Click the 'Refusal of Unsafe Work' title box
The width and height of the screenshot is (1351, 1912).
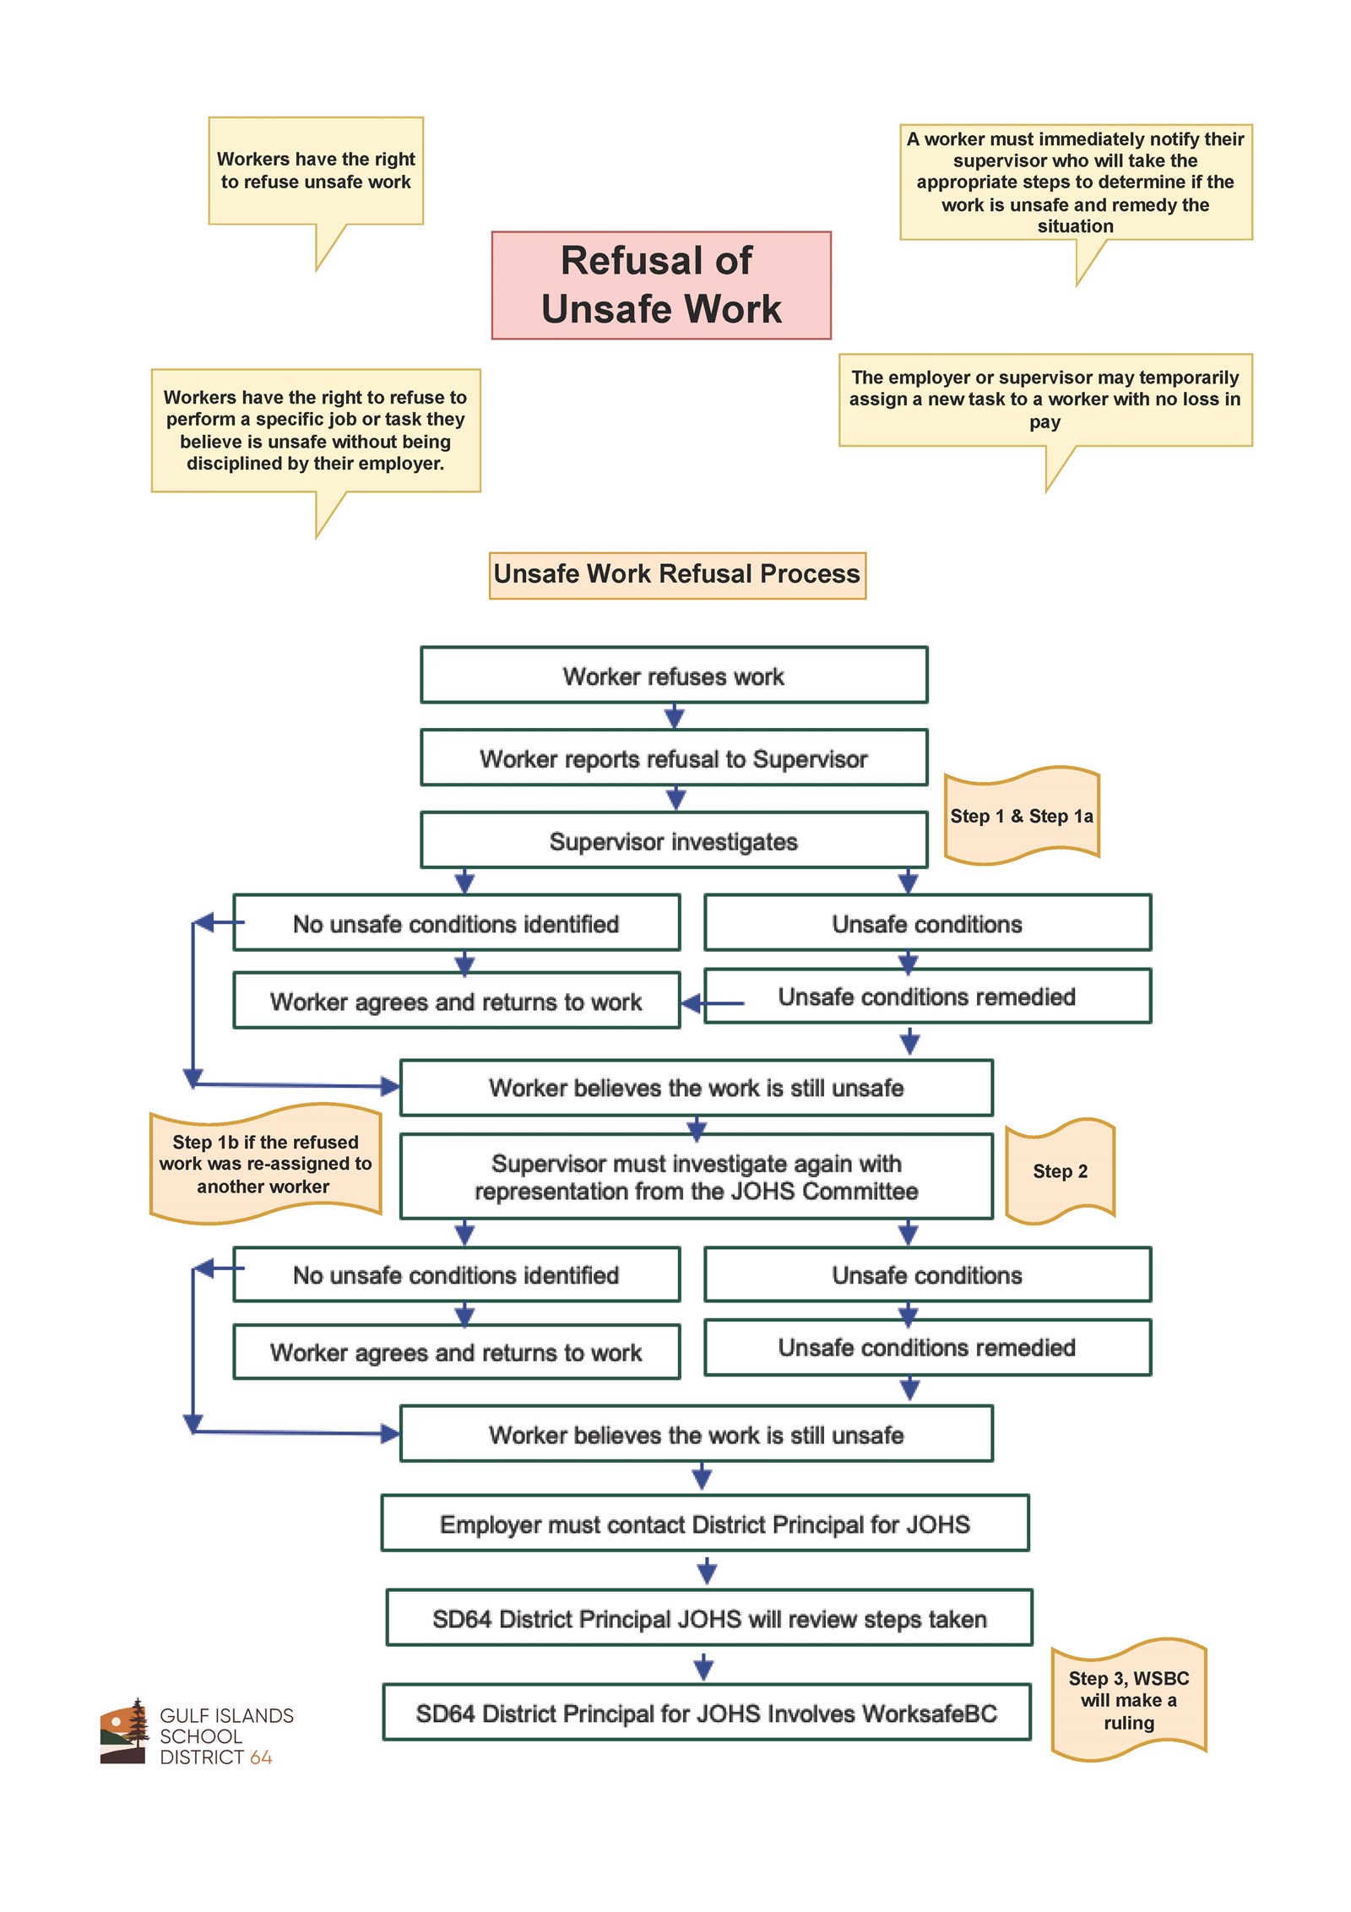[660, 285]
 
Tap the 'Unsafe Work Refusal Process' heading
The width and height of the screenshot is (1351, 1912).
[676, 574]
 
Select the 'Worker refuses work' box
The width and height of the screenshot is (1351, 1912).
[673, 675]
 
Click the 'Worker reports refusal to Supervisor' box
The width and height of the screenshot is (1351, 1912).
[673, 758]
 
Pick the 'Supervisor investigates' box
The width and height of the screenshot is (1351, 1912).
[673, 840]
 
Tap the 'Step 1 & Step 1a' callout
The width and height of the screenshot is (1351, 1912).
[1020, 816]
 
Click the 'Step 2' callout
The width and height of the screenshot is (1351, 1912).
[1059, 1171]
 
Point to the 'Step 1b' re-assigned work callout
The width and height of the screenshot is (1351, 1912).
[265, 1163]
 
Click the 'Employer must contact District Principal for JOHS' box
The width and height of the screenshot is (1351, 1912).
[704, 1524]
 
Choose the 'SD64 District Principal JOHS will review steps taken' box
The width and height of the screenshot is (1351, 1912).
[708, 1618]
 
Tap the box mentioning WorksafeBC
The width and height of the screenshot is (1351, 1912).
[706, 1713]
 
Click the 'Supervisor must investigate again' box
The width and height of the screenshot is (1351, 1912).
[696, 1176]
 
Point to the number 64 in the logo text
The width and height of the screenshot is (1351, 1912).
[261, 1757]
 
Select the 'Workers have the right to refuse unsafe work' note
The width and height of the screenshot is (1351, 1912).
[316, 171]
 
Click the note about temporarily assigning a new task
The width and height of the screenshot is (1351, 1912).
[1044, 399]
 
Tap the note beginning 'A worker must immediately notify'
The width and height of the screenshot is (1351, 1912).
[1075, 182]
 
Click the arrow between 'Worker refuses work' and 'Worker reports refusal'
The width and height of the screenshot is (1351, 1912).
[674, 717]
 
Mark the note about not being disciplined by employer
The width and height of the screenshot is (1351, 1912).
[315, 429]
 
